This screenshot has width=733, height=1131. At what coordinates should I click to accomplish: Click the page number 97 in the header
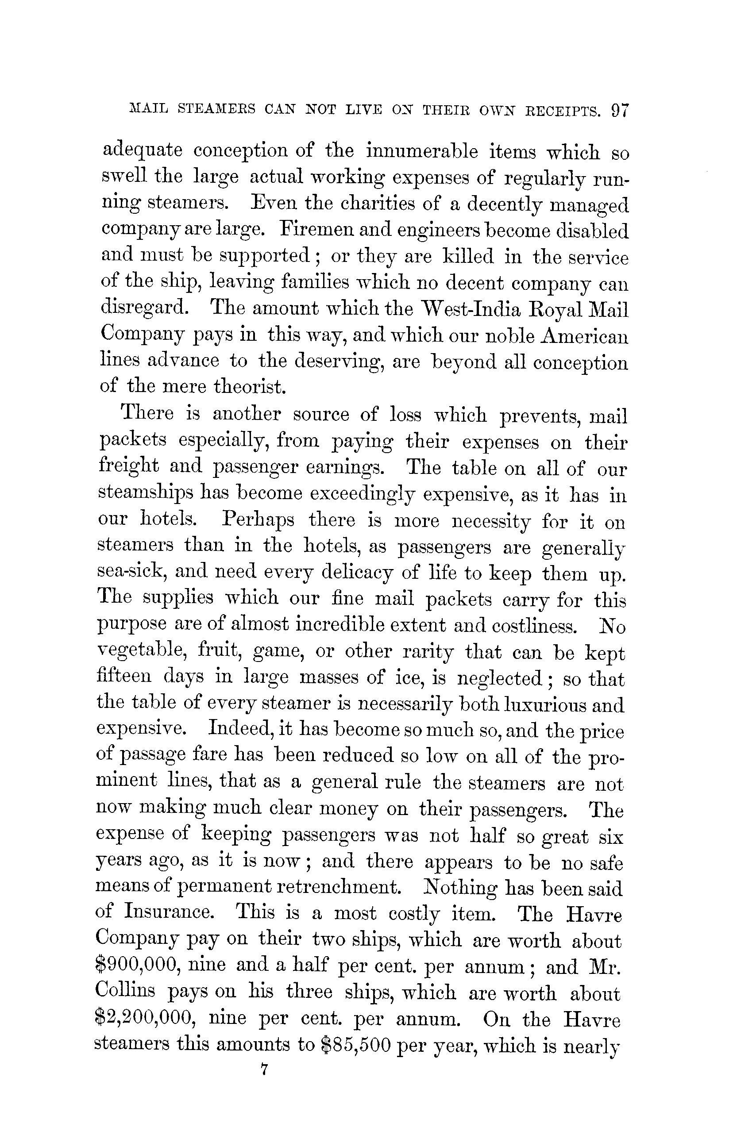pos(620,111)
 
